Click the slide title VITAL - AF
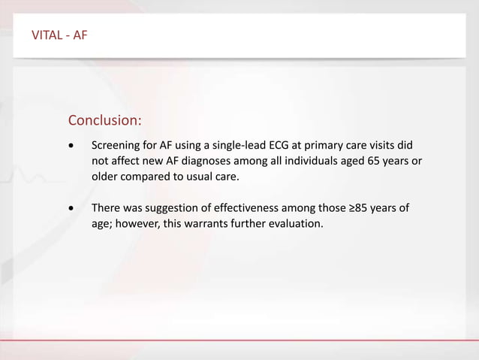pyautogui.click(x=59, y=35)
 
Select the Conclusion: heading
pyautogui.click(x=104, y=120)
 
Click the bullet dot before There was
pyautogui.click(x=71, y=208)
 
